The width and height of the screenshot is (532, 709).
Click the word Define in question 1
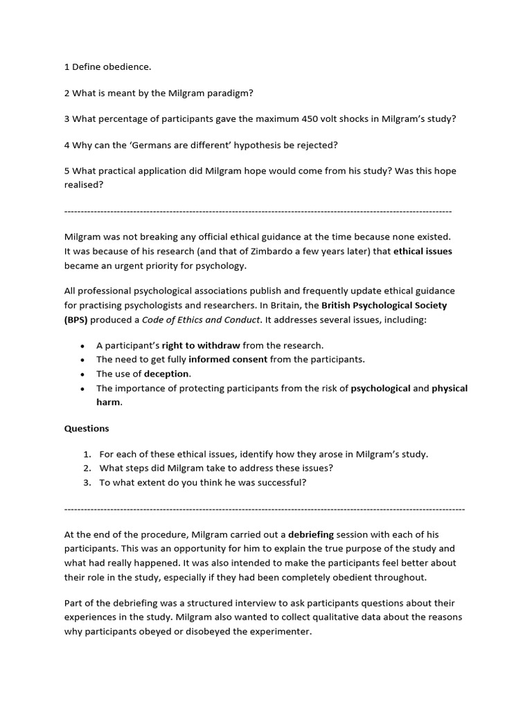[x=87, y=67]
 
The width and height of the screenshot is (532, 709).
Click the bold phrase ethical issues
[x=423, y=251]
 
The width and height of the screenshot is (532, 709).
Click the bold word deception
[x=166, y=374]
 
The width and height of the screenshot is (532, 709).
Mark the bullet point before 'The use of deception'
[x=83, y=374]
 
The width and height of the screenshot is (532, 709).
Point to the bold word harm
[x=109, y=402]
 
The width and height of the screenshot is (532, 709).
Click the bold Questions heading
[x=87, y=428]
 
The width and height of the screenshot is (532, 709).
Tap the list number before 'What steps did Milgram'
[x=87, y=468]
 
